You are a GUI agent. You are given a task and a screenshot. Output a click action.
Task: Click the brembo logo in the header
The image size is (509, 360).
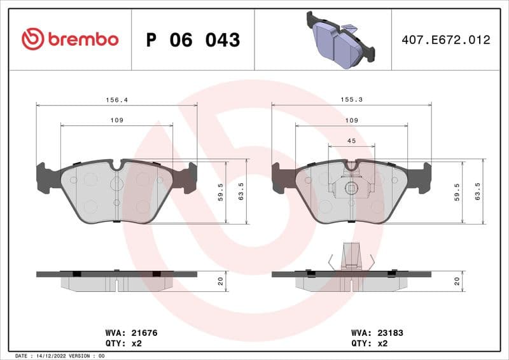(69, 39)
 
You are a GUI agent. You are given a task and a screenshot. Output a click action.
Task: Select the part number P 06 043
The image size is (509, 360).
(193, 40)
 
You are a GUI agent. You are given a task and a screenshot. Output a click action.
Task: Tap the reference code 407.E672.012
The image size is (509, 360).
(446, 40)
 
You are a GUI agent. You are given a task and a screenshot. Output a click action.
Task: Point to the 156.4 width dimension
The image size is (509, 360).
(115, 100)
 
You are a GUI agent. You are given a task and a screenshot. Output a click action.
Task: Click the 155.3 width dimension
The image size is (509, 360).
(351, 100)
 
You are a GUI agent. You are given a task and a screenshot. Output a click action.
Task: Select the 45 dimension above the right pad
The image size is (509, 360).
(351, 141)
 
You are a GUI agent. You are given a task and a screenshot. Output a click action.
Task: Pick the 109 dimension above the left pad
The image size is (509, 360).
(116, 121)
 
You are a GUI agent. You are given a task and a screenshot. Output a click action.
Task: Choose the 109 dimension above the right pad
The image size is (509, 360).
(351, 121)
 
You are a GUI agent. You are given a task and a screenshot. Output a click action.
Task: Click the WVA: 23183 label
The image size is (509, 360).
(377, 333)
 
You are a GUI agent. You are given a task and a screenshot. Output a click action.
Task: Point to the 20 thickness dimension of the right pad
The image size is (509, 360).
(457, 281)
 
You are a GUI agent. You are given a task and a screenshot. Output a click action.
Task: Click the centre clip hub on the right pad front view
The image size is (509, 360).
(350, 188)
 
